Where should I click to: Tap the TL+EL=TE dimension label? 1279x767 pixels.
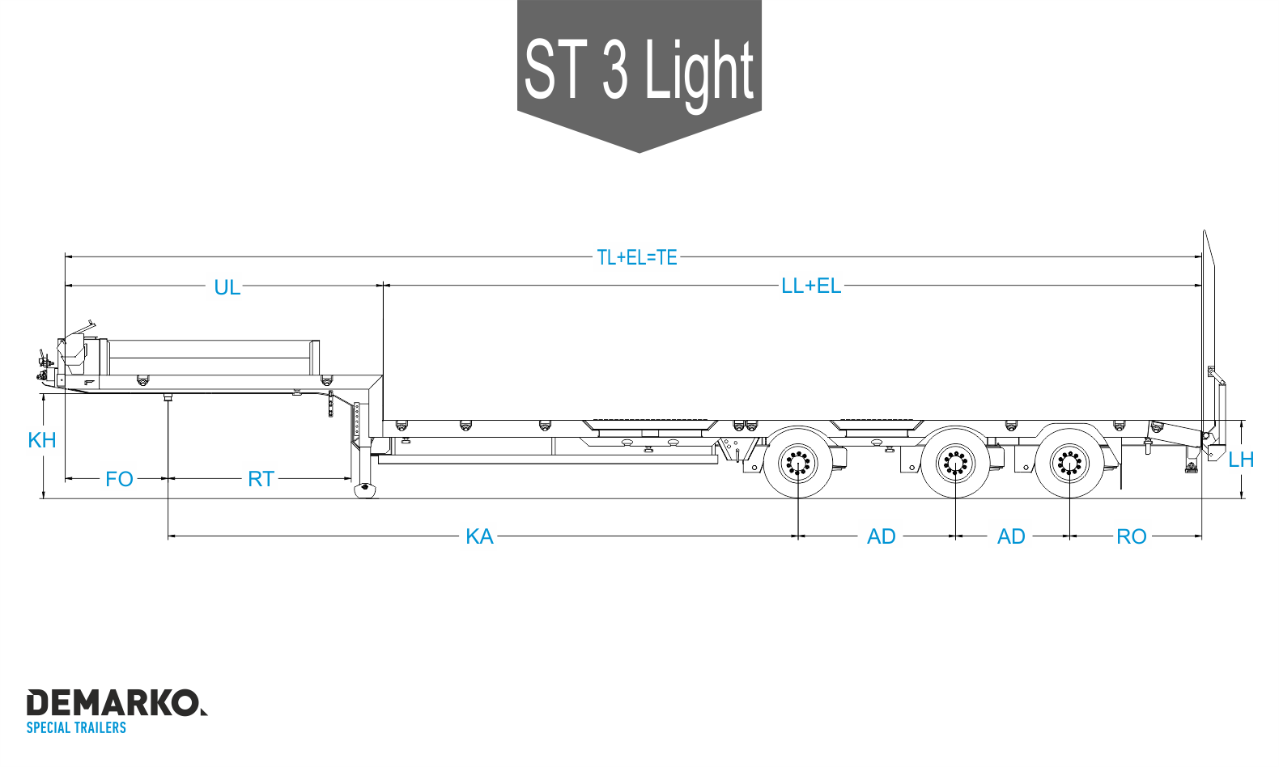pyautogui.click(x=636, y=257)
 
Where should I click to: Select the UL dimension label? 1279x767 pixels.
pyautogui.click(x=227, y=288)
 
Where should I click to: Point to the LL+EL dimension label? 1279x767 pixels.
pyautogui.click(x=811, y=286)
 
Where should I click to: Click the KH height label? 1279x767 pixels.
pyautogui.click(x=41, y=441)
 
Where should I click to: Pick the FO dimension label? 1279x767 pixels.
pyautogui.click(x=119, y=479)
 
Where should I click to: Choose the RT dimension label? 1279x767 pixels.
pyautogui.click(x=261, y=479)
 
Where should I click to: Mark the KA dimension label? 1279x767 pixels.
pyautogui.click(x=479, y=537)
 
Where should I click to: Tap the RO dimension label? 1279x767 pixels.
pyautogui.click(x=1131, y=537)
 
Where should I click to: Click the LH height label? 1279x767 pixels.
pyautogui.click(x=1241, y=460)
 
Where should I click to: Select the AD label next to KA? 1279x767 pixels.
pyautogui.click(x=881, y=537)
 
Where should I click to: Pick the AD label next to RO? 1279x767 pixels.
pyautogui.click(x=1011, y=537)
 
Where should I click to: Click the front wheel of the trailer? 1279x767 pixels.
pyautogui.click(x=798, y=464)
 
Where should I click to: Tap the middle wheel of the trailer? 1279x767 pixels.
pyautogui.click(x=955, y=464)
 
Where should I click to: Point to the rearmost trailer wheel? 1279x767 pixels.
pyautogui.click(x=1069, y=464)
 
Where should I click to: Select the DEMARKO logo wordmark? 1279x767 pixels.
pyautogui.click(x=117, y=702)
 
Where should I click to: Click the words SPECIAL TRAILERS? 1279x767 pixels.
pyautogui.click(x=76, y=727)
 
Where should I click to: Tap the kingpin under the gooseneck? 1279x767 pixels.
pyautogui.click(x=168, y=396)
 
